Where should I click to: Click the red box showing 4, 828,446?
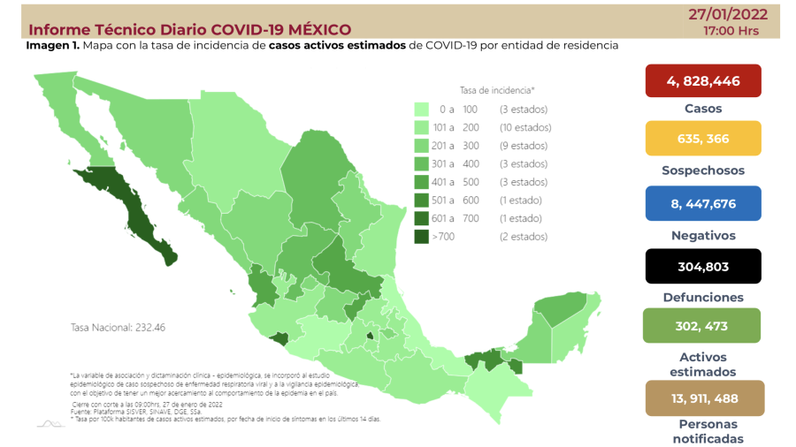click(x=703, y=81)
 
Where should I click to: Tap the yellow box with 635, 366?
click(x=703, y=138)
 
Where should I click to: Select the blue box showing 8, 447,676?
click(x=703, y=202)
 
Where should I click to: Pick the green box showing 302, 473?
click(x=703, y=325)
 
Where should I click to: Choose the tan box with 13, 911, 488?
click(x=703, y=398)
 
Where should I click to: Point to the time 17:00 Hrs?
click(x=731, y=31)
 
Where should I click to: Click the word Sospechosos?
click(x=703, y=170)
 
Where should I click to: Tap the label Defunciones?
click(x=703, y=298)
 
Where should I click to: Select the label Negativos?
click(x=703, y=235)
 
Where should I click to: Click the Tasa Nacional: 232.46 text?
click(x=118, y=327)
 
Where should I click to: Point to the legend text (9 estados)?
click(x=523, y=146)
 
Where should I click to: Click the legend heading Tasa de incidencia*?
click(x=497, y=90)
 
